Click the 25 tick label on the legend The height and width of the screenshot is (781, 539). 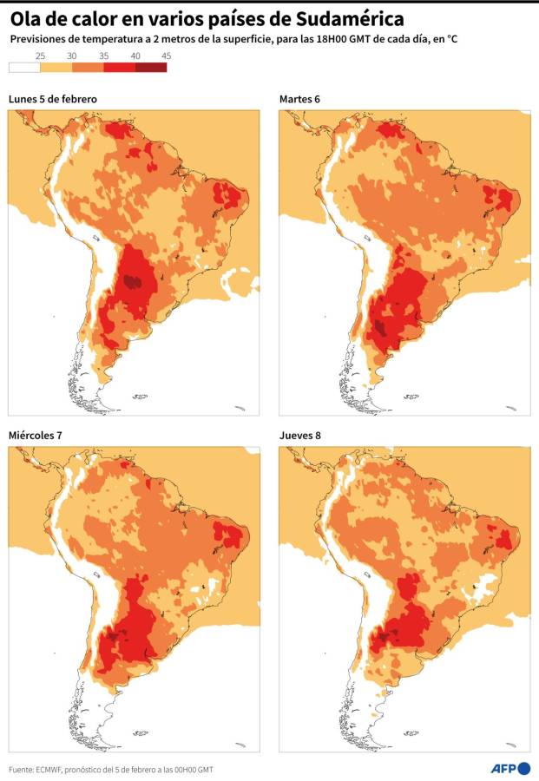pos(40,56)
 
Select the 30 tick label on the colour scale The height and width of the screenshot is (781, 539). pos(72,56)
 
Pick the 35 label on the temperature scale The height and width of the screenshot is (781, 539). pos(103,56)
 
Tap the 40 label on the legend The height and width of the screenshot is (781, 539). pos(135,56)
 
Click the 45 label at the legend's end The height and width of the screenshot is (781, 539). pos(166,56)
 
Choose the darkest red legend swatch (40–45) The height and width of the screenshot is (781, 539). pos(150,67)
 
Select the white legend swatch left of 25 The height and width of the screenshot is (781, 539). pos(24,67)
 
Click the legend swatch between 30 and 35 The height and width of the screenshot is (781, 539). pos(88,67)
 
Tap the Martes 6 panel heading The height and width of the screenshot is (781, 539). pos(299,99)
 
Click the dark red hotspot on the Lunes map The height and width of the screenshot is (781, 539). pos(133,281)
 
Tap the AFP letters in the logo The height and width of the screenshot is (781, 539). pos(503,768)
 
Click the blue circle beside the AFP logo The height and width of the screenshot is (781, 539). pos(524,768)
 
